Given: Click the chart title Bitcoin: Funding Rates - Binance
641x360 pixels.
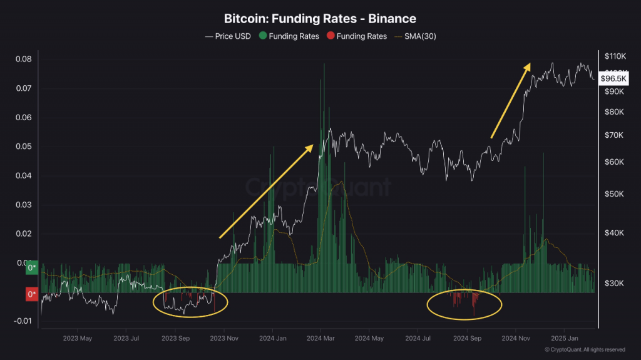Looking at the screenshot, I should pos(320,19).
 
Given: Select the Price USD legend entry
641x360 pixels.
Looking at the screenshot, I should pos(228,36).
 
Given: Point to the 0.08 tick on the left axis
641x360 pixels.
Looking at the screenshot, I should pos(23,59).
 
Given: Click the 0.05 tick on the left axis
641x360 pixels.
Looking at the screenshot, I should pos(23,147).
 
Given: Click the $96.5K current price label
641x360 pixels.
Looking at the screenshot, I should pos(613,79).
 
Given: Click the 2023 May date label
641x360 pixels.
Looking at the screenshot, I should pos(77,338).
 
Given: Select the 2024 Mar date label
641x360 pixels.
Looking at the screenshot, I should pos(320,338).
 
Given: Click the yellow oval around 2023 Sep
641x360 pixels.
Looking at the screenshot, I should pos(191,302).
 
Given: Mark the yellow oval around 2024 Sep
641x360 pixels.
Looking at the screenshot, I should pos(464,305).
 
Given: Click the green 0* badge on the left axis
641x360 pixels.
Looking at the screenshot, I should pos(31,269).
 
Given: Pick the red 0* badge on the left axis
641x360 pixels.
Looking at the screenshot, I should pos(31,294).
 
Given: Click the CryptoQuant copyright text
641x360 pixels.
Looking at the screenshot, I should pos(585,349).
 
